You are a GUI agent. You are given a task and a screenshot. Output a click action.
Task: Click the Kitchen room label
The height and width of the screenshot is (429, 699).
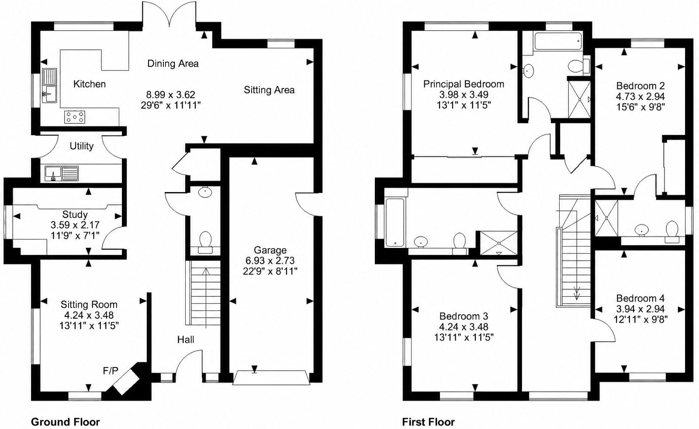click(89, 84)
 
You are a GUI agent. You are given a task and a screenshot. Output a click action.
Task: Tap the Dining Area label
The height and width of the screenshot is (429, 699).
click(173, 64)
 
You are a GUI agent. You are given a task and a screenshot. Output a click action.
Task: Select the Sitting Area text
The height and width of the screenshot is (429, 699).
click(269, 90)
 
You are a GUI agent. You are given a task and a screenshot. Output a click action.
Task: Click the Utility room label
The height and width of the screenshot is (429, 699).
click(81, 146)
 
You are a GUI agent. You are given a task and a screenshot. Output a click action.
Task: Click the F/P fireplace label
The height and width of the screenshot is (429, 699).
click(111, 371)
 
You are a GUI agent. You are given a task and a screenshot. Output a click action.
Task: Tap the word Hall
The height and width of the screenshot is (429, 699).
click(186, 340)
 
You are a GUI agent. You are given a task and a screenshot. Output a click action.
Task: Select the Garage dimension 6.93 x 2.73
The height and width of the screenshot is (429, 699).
click(270, 261)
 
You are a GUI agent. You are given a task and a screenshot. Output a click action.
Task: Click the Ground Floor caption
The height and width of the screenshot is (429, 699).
click(65, 422)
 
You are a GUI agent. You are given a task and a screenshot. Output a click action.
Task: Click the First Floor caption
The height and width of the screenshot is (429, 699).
click(428, 422)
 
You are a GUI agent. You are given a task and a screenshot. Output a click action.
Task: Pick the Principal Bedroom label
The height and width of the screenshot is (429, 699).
click(464, 84)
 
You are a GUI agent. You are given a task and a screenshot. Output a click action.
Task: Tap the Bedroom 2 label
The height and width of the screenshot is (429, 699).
click(640, 86)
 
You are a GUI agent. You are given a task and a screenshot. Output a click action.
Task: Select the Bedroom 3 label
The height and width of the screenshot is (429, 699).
click(464, 316)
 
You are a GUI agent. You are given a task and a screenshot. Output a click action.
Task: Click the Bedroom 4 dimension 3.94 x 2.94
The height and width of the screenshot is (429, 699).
click(640, 309)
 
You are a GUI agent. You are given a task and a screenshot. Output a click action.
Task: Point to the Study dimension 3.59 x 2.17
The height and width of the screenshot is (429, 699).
click(75, 225)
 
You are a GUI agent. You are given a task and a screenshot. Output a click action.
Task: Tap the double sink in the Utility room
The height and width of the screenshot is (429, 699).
click(62, 173)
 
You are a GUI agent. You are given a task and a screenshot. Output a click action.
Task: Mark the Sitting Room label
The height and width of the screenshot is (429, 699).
click(89, 304)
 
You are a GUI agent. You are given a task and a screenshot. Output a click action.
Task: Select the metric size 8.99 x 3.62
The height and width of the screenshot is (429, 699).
click(170, 94)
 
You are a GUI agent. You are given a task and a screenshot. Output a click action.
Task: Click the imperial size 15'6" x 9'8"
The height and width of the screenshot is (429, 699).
click(640, 107)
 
